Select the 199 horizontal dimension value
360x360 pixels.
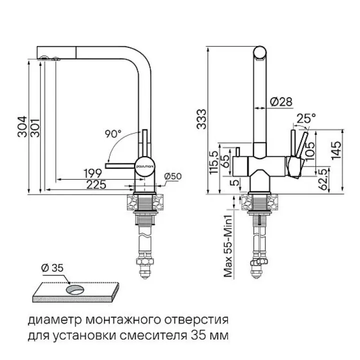92,174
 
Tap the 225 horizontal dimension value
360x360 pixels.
97,184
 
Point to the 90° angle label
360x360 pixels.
113,133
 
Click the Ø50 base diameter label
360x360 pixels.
172,175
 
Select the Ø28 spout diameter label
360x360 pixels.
280,102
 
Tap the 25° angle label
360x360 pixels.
306,118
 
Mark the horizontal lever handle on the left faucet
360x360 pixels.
120,164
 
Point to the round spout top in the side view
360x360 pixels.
261,52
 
